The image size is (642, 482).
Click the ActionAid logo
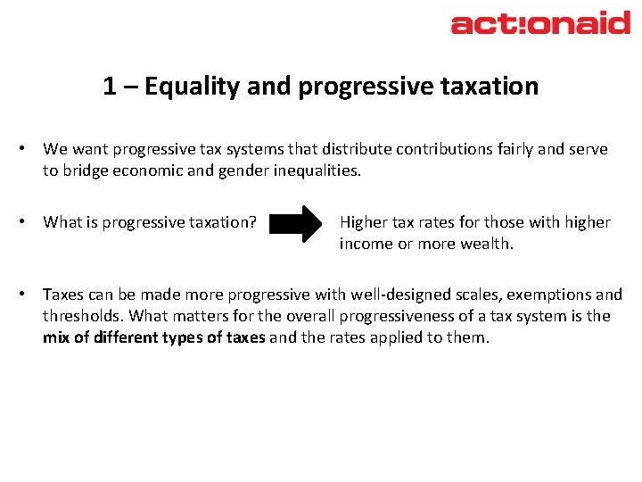click(540, 23)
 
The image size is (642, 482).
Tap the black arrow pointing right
click(299, 224)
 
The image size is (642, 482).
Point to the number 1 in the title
click(110, 87)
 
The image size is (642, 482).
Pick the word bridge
click(85, 170)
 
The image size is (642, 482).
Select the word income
click(366, 244)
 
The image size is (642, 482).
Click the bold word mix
click(56, 337)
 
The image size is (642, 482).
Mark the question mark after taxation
click(253, 222)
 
